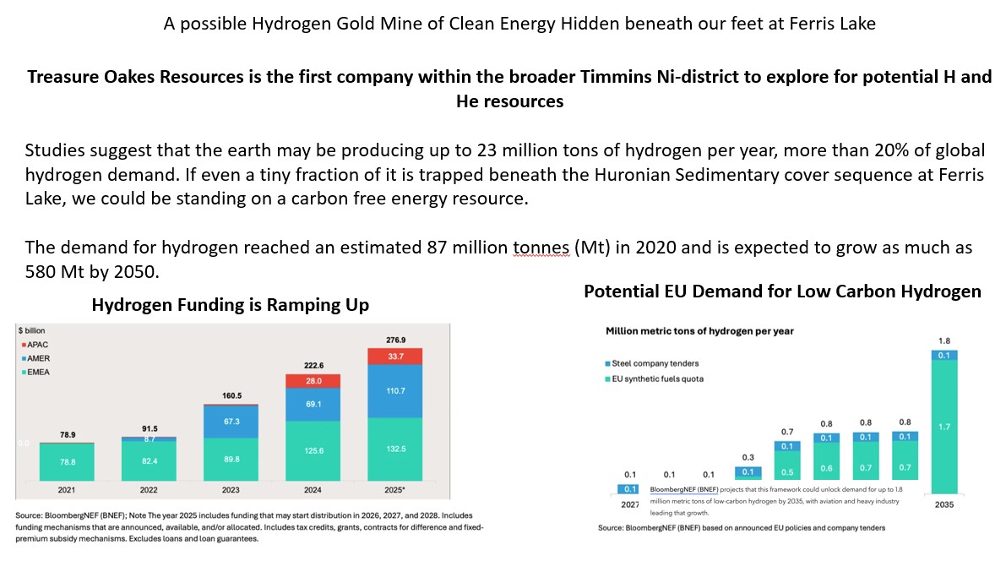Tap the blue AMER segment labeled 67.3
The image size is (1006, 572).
231,422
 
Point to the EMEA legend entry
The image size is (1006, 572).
38,371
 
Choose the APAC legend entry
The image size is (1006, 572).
38,346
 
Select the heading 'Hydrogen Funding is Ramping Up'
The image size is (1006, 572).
230,305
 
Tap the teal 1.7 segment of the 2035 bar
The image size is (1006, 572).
944,427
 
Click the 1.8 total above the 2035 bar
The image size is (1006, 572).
944,341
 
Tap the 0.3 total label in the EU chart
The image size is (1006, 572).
748,457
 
